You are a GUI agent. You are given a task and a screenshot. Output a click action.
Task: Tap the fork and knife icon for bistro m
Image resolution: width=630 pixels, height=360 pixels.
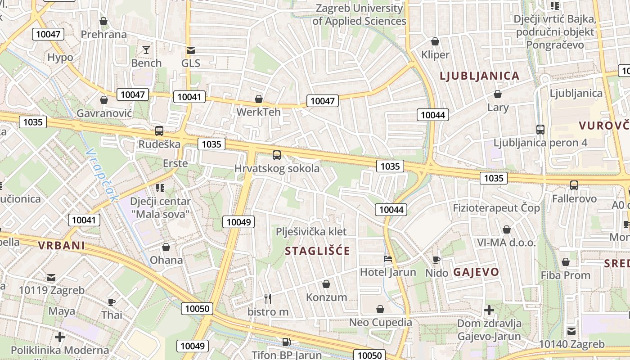pyautogui.click(x=268, y=298)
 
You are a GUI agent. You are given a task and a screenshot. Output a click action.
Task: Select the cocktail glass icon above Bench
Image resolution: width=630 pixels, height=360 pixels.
pyautogui.click(x=146, y=49)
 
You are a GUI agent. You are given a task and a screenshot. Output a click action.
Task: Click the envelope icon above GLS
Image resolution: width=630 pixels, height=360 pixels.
pyautogui.click(x=191, y=49)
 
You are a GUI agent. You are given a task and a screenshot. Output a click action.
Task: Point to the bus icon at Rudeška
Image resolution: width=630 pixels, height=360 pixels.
pyautogui.click(x=159, y=131)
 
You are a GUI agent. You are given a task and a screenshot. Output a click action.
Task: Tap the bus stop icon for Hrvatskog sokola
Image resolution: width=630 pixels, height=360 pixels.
pyautogui.click(x=277, y=155)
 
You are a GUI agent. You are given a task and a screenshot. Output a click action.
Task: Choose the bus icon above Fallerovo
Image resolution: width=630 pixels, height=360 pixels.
pyautogui.click(x=574, y=185)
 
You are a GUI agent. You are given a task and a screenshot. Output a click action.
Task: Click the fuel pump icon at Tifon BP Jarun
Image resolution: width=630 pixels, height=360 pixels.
pyautogui.click(x=286, y=342)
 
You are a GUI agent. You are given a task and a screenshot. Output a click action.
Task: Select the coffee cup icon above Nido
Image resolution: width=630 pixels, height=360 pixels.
pyautogui.click(x=436, y=260)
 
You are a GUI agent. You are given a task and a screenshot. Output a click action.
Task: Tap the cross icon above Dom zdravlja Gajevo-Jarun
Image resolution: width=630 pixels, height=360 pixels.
pyautogui.click(x=489, y=310)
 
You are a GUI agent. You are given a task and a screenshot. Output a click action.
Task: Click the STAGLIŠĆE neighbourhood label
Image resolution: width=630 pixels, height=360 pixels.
pyautogui.click(x=317, y=251)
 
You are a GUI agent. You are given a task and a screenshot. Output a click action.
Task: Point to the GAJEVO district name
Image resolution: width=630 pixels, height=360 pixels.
pyautogui.click(x=476, y=272)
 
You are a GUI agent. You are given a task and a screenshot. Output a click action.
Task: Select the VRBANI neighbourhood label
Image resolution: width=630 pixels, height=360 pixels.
pyautogui.click(x=62, y=246)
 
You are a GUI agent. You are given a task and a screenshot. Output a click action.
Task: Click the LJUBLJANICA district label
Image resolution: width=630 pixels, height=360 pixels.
pyautogui.click(x=480, y=76)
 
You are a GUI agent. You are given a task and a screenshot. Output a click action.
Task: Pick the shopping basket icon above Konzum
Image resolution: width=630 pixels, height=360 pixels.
pyautogui.click(x=326, y=284)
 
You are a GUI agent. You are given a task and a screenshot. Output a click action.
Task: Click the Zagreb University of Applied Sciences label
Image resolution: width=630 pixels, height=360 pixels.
pyautogui.click(x=359, y=14)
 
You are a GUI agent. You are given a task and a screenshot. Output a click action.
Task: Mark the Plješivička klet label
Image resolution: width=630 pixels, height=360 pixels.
pyautogui.click(x=311, y=232)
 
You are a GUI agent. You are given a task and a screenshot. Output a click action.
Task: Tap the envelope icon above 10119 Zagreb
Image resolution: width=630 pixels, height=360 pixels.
pyautogui.click(x=51, y=277)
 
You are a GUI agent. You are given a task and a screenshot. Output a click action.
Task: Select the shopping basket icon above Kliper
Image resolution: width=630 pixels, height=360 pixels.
pyautogui.click(x=435, y=41)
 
